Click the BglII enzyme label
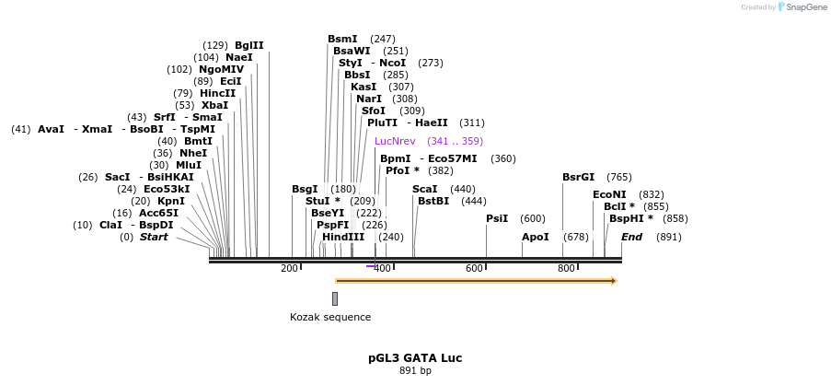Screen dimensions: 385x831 click(248, 45)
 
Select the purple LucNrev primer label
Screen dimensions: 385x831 click(395, 141)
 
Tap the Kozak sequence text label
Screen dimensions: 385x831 click(330, 317)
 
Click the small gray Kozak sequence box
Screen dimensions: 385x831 click(335, 298)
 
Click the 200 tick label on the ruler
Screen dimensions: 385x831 click(289, 268)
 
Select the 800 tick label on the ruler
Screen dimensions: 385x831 click(566, 268)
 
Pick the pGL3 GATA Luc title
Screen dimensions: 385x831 click(414, 357)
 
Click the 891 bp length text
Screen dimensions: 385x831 click(414, 371)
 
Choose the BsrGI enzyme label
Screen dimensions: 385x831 click(578, 177)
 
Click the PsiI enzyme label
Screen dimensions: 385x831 click(497, 218)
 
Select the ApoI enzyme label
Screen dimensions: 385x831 click(535, 237)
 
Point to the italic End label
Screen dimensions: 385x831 click(631, 237)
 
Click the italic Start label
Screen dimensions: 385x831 click(154, 237)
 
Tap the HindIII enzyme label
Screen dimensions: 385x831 click(343, 237)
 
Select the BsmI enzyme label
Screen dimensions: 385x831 click(342, 39)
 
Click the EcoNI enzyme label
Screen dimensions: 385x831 click(609, 194)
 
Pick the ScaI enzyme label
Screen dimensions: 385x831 click(424, 189)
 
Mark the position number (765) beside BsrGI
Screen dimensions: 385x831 click(619, 177)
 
